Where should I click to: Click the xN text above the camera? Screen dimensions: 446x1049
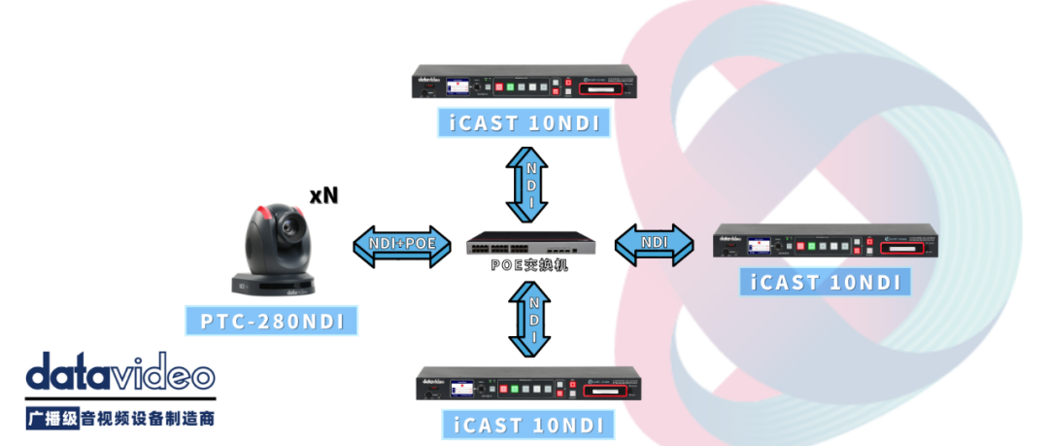click(323, 195)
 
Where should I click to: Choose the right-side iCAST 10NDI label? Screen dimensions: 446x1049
click(826, 283)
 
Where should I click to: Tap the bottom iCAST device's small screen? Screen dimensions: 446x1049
click(463, 389)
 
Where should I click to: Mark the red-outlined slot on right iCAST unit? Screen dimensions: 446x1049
click(907, 249)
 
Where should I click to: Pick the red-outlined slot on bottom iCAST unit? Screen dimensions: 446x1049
click(610, 391)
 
